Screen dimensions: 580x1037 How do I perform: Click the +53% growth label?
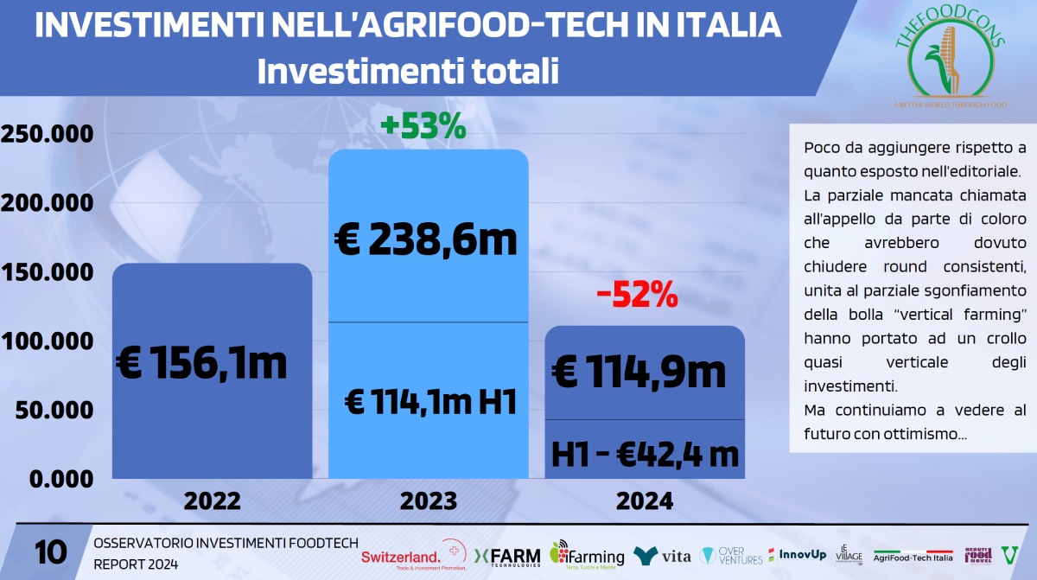click(x=423, y=127)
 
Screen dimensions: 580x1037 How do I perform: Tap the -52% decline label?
click(x=637, y=296)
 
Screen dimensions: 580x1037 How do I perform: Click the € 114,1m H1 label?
click(x=430, y=402)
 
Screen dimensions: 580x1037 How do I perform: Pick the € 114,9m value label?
click(x=639, y=373)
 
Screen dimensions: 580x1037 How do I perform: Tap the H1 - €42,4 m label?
click(x=646, y=453)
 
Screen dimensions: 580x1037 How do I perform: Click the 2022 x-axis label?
click(x=212, y=500)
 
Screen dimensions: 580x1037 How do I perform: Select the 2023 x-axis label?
click(x=428, y=500)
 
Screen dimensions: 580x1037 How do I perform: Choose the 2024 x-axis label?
click(x=644, y=500)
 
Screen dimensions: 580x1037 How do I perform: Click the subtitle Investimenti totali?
click(x=408, y=71)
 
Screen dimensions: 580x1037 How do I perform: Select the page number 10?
click(x=51, y=552)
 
